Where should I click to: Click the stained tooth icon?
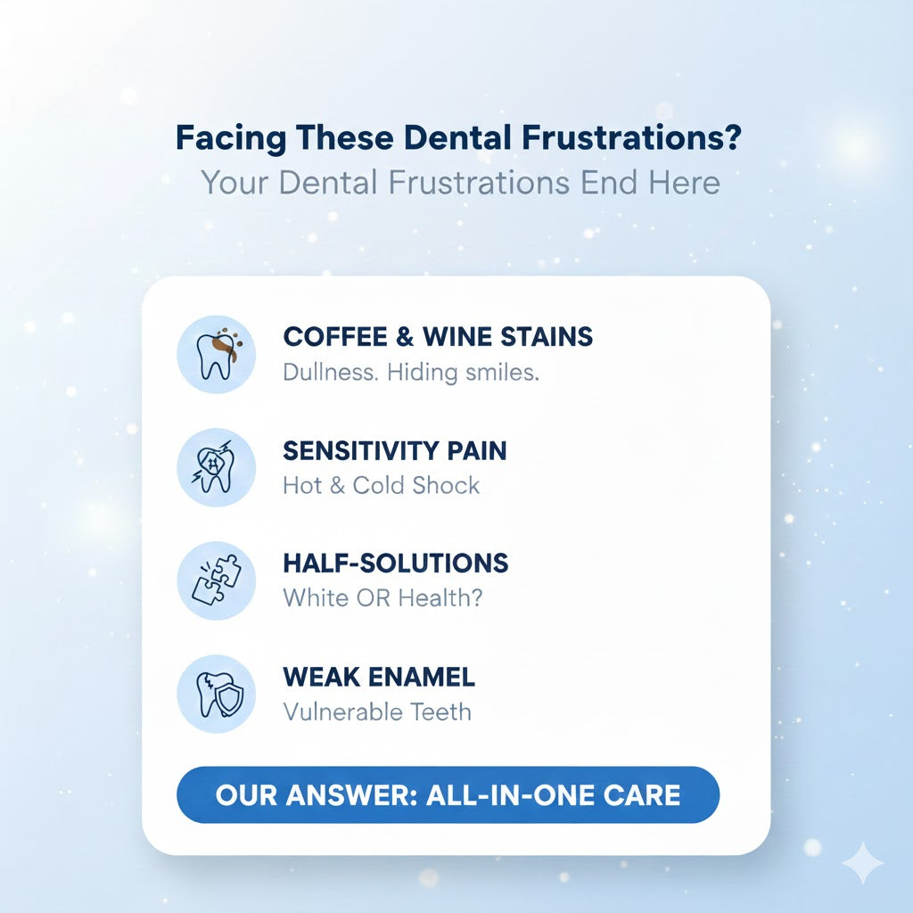point(216,354)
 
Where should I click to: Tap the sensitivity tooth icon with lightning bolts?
point(216,467)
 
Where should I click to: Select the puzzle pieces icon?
point(216,580)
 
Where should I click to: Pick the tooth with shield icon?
point(216,694)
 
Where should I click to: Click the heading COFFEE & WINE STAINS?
point(438,336)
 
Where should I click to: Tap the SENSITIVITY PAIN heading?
point(395,450)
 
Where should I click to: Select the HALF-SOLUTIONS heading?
point(395,563)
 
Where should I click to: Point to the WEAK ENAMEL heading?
point(379,677)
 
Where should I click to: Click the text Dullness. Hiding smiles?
point(411,372)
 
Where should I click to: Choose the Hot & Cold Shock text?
point(382,485)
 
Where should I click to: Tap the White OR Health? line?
point(382,597)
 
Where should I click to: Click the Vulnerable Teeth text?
point(377,711)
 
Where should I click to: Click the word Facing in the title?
point(231,138)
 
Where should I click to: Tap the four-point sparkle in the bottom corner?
point(863,863)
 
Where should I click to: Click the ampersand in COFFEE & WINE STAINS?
point(405,336)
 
